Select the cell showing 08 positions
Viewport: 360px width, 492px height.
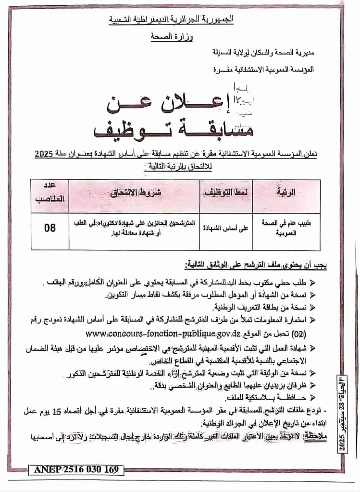pyautogui.click(x=50, y=228)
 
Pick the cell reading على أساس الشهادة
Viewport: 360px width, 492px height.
pyautogui.click(x=225, y=228)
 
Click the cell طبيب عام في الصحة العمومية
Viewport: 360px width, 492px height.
pyautogui.click(x=286, y=227)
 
